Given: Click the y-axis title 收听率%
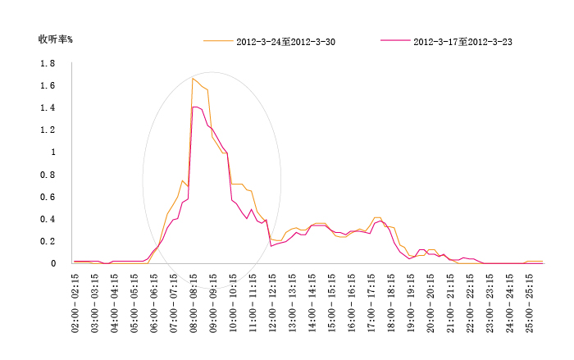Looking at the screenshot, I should click(x=56, y=39).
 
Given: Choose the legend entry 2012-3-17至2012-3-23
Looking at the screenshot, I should click(x=463, y=41).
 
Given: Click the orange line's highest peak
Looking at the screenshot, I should click(x=193, y=79).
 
